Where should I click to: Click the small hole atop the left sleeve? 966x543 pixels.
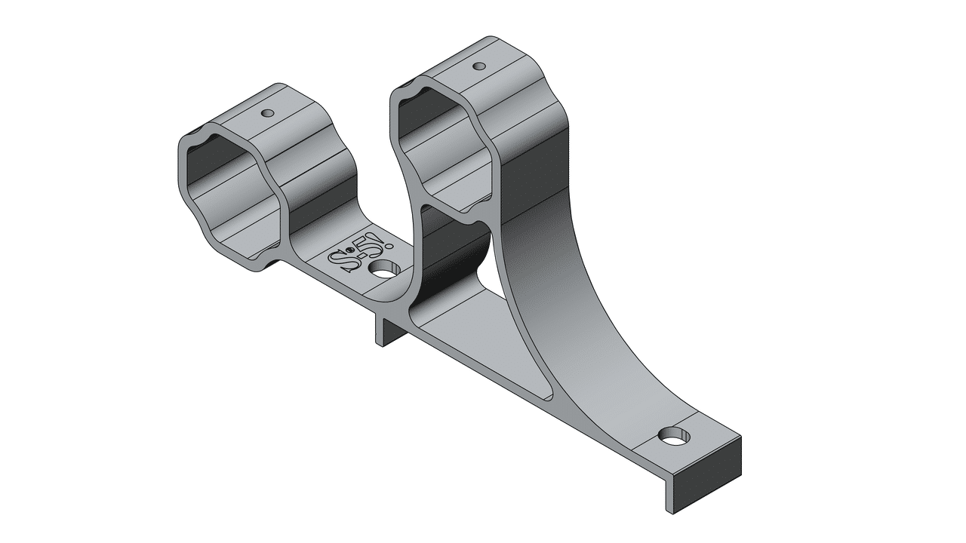click(x=266, y=113)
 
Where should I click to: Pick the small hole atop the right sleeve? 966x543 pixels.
click(x=478, y=66)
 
